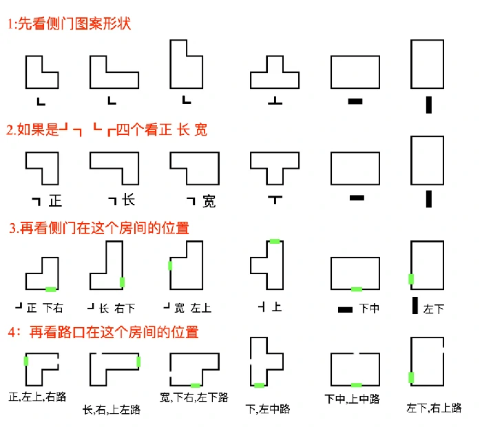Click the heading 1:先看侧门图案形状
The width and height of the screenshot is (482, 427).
pyautogui.click(x=69, y=24)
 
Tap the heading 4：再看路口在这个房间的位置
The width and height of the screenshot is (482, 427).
pyautogui.click(x=103, y=332)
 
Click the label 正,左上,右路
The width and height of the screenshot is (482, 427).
pyautogui.click(x=37, y=397)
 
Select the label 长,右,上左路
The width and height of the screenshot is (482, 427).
pyautogui.click(x=112, y=409)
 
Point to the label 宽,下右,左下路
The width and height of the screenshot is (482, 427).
pyautogui.click(x=194, y=397)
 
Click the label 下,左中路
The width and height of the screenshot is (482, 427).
pyautogui.click(x=268, y=409)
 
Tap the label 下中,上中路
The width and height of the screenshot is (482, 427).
pyautogui.click(x=352, y=399)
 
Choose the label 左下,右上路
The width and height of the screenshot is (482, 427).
pyautogui.click(x=434, y=408)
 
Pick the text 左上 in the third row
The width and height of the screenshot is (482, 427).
pyautogui.click(x=201, y=308)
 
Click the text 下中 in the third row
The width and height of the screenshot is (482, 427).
pyautogui.click(x=369, y=309)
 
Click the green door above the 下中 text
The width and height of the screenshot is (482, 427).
pyautogui.click(x=356, y=289)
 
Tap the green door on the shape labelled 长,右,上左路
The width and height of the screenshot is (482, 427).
pyautogui.click(x=138, y=362)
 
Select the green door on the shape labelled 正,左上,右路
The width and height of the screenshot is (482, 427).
pyautogui.click(x=26, y=361)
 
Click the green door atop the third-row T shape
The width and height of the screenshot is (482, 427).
pyautogui.click(x=275, y=242)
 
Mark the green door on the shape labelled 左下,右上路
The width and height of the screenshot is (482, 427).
pyautogui.click(x=411, y=377)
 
